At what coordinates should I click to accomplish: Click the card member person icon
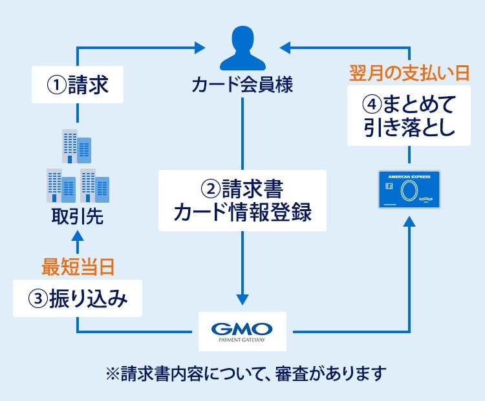[242, 48]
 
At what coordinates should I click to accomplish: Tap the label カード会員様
[242, 85]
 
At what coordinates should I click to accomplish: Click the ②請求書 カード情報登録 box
[242, 200]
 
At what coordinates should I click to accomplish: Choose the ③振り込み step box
[78, 299]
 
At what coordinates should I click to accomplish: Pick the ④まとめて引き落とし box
[409, 116]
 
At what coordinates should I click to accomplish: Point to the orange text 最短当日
[78, 265]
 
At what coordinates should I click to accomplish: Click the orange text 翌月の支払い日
[409, 72]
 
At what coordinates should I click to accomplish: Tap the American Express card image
[409, 189]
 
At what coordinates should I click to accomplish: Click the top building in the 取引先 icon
[76, 146]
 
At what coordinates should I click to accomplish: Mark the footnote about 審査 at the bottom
[242, 374]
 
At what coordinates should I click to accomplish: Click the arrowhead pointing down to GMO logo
[242, 299]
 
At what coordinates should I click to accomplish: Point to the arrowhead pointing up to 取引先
[78, 238]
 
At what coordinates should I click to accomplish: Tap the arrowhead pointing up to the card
[409, 221]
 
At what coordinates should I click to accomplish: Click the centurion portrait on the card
[409, 191]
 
